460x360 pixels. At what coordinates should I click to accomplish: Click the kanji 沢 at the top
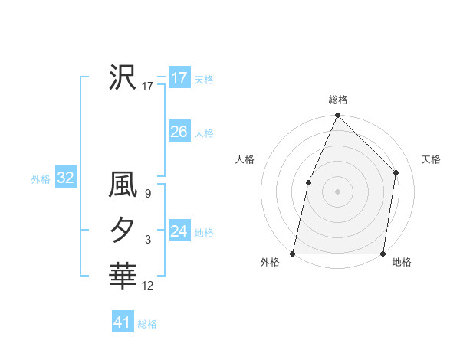point(123,77)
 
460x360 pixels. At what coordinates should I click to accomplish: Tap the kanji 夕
point(123,230)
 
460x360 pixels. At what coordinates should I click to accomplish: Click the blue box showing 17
point(179,78)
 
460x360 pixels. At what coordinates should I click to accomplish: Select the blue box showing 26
point(179,132)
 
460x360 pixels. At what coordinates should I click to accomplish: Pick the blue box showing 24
point(179,231)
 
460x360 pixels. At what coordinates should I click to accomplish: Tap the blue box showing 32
point(65,178)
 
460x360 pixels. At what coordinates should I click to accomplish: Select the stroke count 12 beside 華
point(147,286)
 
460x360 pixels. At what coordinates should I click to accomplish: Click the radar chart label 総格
point(337,100)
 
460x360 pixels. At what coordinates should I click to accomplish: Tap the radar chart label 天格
point(431,159)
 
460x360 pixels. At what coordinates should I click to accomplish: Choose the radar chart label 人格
point(245,159)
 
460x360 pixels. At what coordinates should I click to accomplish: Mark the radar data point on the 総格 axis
point(337,116)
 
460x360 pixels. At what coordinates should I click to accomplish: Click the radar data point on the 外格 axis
point(293,253)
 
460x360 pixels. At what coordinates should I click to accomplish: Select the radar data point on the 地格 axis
point(383,253)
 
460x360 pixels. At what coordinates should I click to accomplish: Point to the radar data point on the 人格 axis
point(308,182)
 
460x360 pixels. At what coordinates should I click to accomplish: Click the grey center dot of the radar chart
point(337,191)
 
